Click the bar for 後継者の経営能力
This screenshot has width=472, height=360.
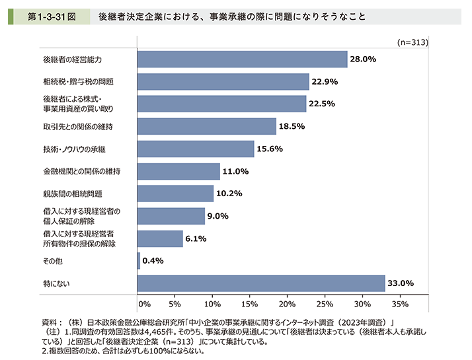coord(242,59)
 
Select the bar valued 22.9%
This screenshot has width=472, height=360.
coord(223,82)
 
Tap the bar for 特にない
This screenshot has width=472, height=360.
coord(261,283)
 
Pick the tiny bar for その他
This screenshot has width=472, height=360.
coord(139,261)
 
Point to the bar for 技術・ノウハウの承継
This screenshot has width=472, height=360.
coord(196,149)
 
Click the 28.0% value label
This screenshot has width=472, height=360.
coord(363,59)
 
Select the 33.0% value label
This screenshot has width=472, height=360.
coord(401,283)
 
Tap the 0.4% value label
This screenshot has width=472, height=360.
coord(153,261)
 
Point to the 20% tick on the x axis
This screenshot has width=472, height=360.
coord(287,304)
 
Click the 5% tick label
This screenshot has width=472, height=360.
coord(175,304)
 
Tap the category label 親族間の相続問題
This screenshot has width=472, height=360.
coord(64,194)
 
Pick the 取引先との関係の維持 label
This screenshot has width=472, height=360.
coord(72,127)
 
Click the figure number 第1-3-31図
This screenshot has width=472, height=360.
coord(49,15)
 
